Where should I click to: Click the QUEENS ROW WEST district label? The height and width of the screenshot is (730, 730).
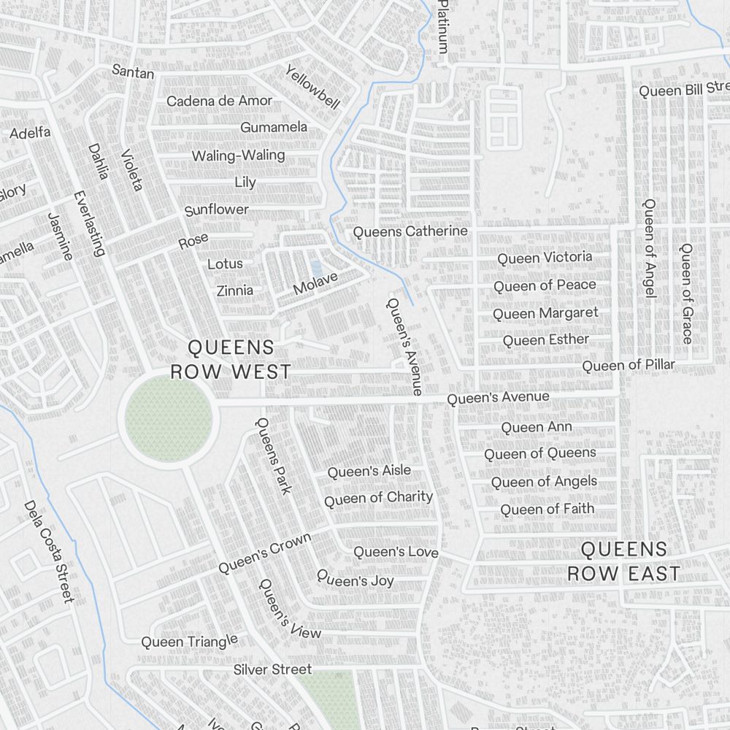(231, 359)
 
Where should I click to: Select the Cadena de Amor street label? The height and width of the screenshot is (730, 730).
(219, 101)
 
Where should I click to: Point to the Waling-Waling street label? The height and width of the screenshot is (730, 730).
(238, 155)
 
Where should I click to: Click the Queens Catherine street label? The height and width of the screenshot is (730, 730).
(410, 231)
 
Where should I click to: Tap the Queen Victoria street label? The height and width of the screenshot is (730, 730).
(545, 258)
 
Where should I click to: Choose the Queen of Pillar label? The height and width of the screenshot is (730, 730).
(629, 364)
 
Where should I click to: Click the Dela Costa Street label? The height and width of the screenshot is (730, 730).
(49, 551)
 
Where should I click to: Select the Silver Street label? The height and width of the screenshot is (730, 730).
(272, 669)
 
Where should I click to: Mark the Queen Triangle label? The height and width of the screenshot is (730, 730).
(189, 641)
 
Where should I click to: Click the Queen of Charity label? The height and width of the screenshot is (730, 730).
(378, 499)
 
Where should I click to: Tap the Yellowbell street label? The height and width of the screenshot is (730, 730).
(312, 87)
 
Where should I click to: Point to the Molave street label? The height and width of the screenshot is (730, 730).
(315, 283)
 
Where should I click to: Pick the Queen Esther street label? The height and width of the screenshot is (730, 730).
(545, 339)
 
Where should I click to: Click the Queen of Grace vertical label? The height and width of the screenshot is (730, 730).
(686, 293)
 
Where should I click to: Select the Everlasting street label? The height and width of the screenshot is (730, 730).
(89, 223)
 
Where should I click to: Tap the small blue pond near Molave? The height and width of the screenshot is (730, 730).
(315, 269)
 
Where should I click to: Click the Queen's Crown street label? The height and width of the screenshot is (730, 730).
(264, 553)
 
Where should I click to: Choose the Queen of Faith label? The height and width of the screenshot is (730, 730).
(547, 509)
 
